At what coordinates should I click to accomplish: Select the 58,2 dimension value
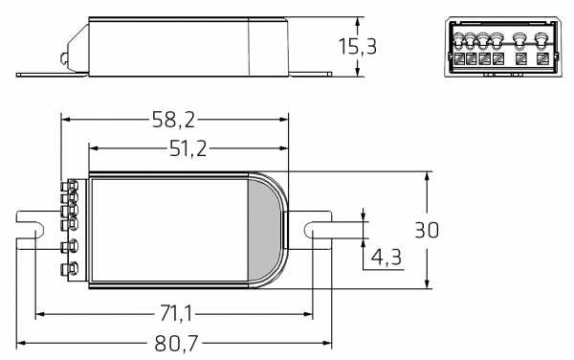pyautogui.click(x=173, y=119)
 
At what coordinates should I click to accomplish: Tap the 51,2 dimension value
pyautogui.click(x=188, y=147)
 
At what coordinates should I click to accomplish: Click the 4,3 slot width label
pyautogui.click(x=386, y=257)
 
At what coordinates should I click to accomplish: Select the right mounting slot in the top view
pyautogui.click(x=316, y=230)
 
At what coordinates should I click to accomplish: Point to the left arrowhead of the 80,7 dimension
pyautogui.click(x=21, y=343)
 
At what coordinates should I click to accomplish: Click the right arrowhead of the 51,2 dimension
pyautogui.click(x=285, y=147)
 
